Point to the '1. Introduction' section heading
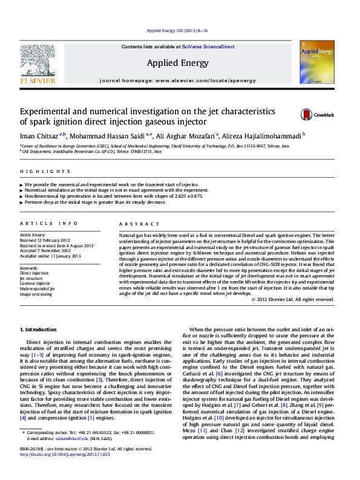39,329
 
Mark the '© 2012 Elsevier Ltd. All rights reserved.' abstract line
292,299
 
